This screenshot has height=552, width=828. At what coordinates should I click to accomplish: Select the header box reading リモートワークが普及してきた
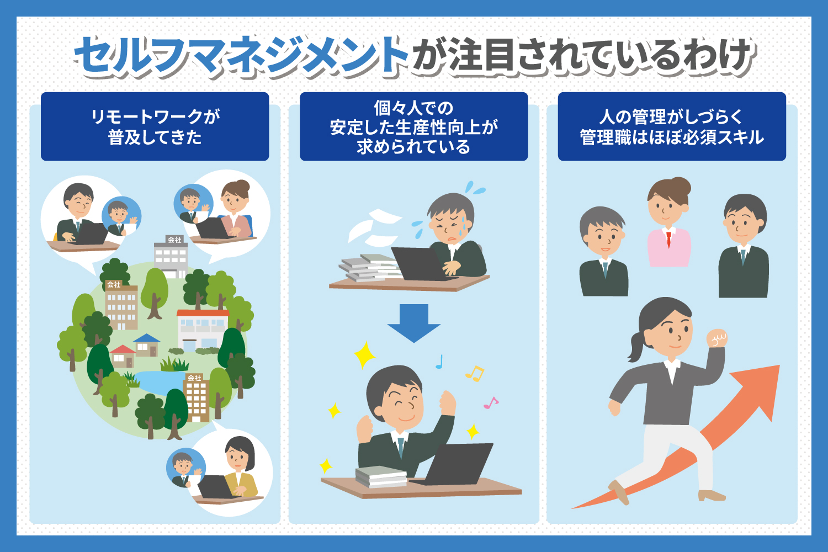coord(155,126)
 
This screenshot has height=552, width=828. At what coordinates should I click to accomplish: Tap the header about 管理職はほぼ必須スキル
coord(672,126)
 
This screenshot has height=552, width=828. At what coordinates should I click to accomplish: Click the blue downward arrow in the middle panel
coord(413,323)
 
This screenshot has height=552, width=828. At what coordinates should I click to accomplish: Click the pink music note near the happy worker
coord(491,402)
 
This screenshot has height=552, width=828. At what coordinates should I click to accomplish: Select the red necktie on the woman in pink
coord(668,239)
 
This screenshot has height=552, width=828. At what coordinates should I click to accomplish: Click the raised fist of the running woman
coord(716,338)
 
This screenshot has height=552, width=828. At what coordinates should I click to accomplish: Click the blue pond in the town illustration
coord(159,383)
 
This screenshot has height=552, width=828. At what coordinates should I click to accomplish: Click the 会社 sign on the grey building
coord(174,240)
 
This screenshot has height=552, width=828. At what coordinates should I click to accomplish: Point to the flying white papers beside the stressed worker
coord(373,228)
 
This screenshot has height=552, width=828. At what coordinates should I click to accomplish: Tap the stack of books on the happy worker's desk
coord(381,477)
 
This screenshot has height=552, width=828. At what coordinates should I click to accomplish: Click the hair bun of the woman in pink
coord(681,185)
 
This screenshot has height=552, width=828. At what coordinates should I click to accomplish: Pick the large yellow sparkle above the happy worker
coord(364,355)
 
